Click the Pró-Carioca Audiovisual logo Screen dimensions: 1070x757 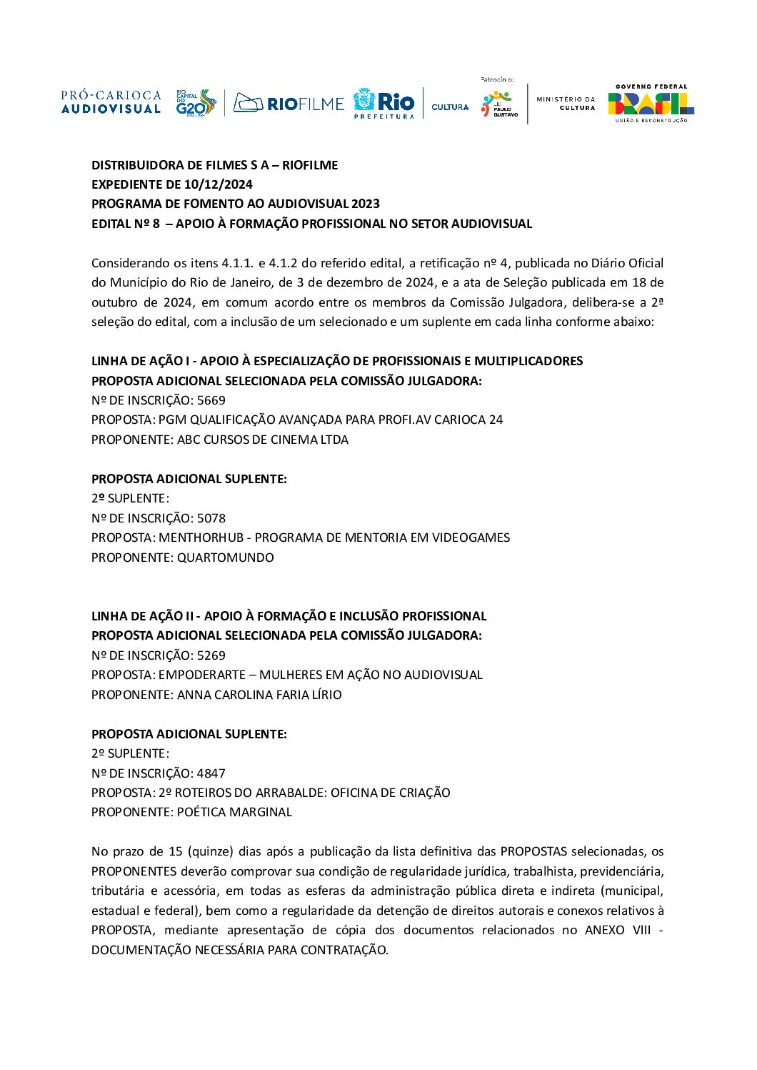[111, 102]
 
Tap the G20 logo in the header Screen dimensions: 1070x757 [195, 103]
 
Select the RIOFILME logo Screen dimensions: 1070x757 [289, 104]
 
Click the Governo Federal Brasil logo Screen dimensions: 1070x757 [651, 104]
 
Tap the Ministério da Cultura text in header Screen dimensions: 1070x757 [566, 104]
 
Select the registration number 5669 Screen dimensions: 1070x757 [211, 400]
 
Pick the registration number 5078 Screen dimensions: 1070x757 [211, 518]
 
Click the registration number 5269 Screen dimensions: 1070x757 [211, 655]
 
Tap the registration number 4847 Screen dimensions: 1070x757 [211, 773]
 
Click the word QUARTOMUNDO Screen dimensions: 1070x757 [226, 558]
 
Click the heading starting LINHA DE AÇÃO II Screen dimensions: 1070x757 [289, 616]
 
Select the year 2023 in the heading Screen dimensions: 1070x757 [365, 204]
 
